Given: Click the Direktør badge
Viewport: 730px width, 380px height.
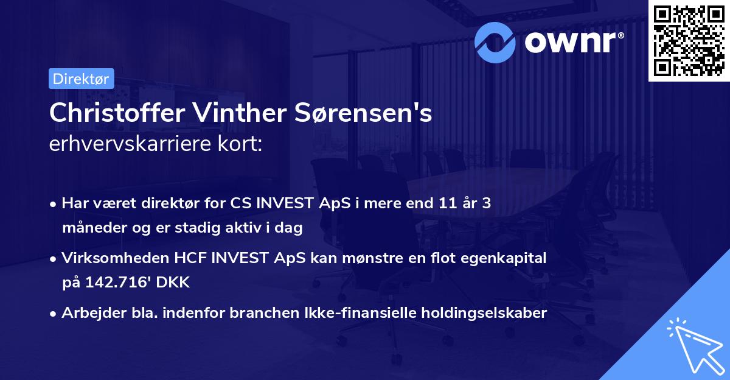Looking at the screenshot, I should [81, 79].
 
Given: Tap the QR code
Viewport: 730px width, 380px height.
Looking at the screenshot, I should [689, 40].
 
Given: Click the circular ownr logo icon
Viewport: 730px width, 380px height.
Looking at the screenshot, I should [496, 41].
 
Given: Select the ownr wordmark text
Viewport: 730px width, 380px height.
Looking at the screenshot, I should [572, 41].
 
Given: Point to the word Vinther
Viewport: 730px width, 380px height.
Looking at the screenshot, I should [234, 114].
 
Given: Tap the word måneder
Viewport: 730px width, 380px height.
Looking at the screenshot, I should [91, 228].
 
